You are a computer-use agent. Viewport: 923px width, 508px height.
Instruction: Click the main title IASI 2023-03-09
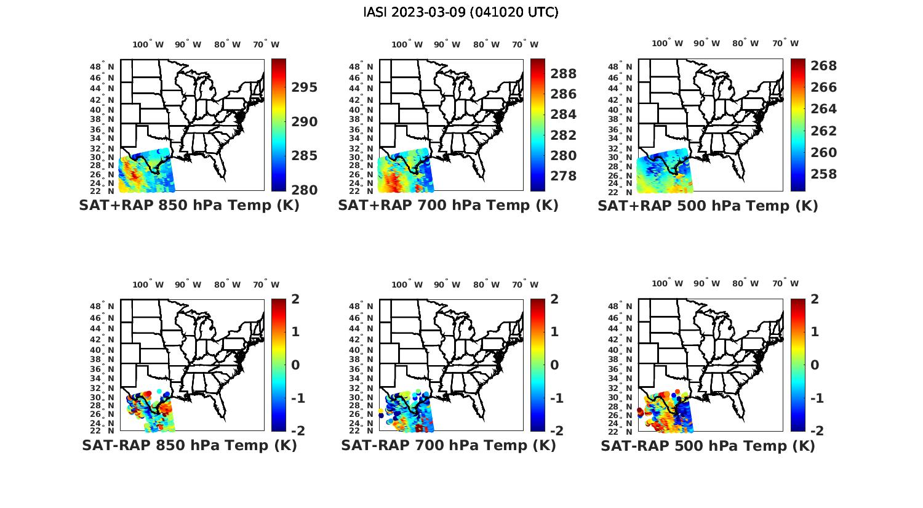(461, 12)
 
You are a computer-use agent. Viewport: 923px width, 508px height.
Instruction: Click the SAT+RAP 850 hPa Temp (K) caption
(189, 206)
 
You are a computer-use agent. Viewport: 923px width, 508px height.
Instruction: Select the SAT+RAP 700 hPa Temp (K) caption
(448, 206)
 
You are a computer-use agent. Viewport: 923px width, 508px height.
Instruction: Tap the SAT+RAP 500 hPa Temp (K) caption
(708, 206)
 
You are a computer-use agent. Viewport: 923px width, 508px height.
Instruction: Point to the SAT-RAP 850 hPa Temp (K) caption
(189, 445)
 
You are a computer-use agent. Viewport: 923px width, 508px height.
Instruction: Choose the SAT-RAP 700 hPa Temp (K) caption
(448, 445)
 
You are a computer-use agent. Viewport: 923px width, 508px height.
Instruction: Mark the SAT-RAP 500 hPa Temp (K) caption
(708, 446)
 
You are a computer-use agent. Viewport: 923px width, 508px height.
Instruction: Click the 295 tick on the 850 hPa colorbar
(305, 87)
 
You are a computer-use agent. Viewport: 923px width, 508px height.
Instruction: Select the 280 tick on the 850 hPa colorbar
(305, 190)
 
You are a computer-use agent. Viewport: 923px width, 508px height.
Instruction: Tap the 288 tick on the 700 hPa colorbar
(564, 74)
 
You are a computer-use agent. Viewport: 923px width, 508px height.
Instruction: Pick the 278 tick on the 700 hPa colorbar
(564, 176)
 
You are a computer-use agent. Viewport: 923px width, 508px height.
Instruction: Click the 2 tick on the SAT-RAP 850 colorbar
(295, 299)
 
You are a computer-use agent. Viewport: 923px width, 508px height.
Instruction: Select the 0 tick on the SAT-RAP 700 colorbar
(554, 365)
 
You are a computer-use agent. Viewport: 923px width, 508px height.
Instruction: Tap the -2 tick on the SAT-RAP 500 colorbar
(812, 430)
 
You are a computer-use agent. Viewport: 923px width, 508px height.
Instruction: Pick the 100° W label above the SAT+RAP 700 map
(407, 44)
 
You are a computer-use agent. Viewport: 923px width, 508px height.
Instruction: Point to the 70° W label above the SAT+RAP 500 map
(785, 43)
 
